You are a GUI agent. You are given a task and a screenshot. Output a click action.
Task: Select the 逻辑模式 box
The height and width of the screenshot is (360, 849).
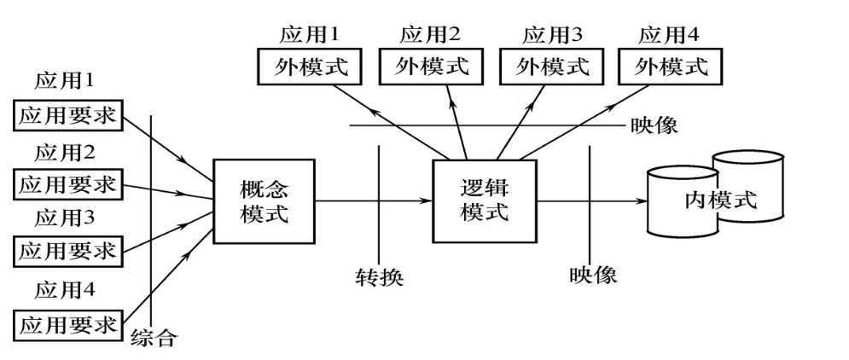click(484, 201)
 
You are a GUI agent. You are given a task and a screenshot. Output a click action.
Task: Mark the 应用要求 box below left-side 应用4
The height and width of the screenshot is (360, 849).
click(67, 324)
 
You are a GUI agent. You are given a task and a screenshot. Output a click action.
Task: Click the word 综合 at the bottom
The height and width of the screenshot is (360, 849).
click(154, 337)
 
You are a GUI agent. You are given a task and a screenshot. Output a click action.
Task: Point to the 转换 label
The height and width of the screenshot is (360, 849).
click(379, 278)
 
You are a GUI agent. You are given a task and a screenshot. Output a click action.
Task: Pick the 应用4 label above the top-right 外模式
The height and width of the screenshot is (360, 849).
click(669, 35)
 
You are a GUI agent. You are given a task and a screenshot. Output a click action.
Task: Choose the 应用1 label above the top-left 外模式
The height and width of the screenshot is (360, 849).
click(309, 35)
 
